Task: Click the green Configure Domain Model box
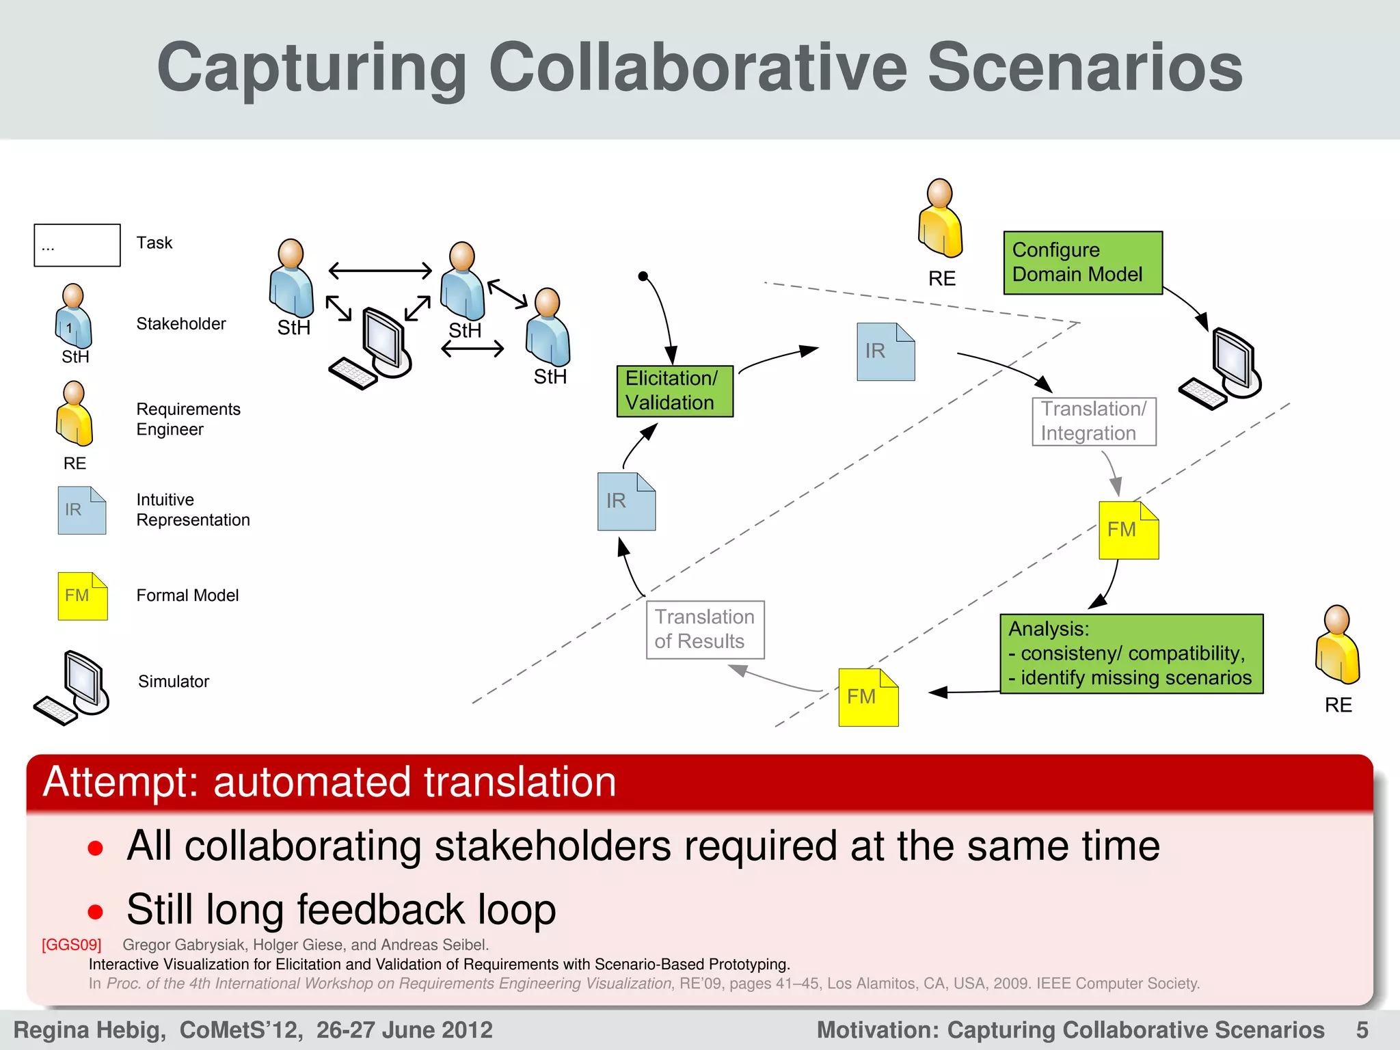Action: tap(1082, 262)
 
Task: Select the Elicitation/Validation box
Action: tap(674, 391)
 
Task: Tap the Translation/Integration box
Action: tap(1093, 421)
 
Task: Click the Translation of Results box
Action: tap(705, 630)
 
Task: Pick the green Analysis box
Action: tap(1131, 654)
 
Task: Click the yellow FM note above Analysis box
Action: tap(1128, 530)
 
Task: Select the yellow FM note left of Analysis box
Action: tap(867, 697)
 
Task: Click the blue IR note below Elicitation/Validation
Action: tap(625, 502)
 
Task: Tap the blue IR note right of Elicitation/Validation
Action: tap(885, 352)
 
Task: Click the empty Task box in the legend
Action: tap(77, 245)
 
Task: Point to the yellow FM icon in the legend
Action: tap(82, 596)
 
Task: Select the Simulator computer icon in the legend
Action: tap(72, 687)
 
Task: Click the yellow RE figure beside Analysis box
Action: tap(1337, 646)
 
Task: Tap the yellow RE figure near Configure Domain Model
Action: tap(940, 219)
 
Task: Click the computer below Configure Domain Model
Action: tap(1222, 369)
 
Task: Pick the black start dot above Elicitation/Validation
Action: tap(643, 276)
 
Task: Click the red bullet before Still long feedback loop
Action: tap(96, 911)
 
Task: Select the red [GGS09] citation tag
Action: tap(71, 945)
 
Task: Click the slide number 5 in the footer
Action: tap(1362, 1029)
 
